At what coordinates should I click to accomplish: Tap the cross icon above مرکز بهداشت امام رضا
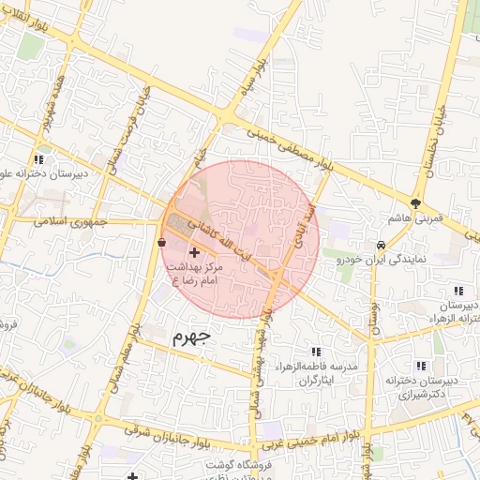194,252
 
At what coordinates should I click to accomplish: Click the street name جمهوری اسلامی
71,223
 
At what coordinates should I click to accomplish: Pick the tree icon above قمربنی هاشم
415,202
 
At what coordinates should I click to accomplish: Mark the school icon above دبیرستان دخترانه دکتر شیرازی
418,366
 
